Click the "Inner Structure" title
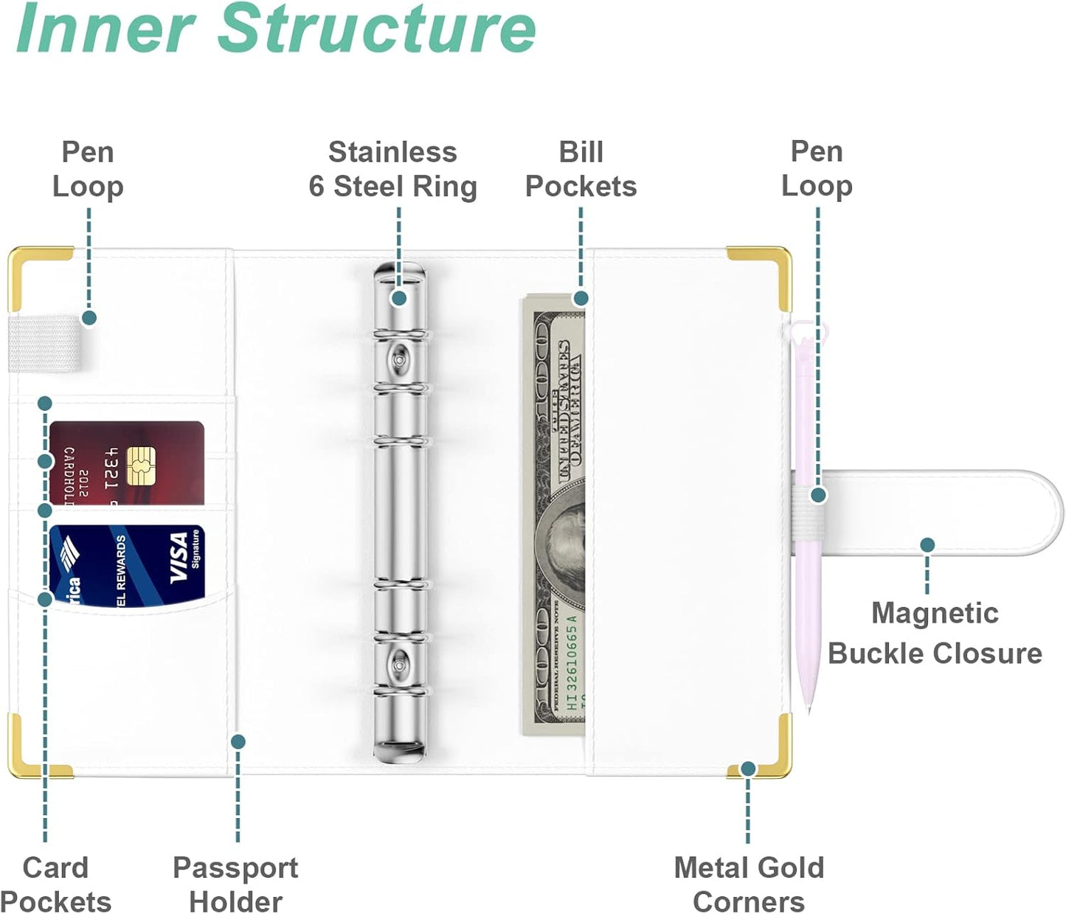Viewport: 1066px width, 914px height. coord(276,30)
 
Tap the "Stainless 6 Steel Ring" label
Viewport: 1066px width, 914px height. coord(392,170)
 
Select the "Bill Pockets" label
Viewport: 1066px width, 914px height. coord(581,169)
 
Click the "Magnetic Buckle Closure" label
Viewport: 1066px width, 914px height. coord(934,634)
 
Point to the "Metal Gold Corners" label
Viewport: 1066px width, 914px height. coord(749,884)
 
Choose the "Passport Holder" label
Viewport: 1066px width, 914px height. coord(235,884)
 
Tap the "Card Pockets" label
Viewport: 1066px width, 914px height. coord(55,884)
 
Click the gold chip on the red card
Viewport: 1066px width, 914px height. coord(140,465)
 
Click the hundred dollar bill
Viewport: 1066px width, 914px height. coord(555,516)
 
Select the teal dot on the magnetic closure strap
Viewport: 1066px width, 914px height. coord(927,545)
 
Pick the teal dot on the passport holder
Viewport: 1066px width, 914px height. coord(238,741)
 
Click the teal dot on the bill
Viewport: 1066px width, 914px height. coord(581,298)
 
